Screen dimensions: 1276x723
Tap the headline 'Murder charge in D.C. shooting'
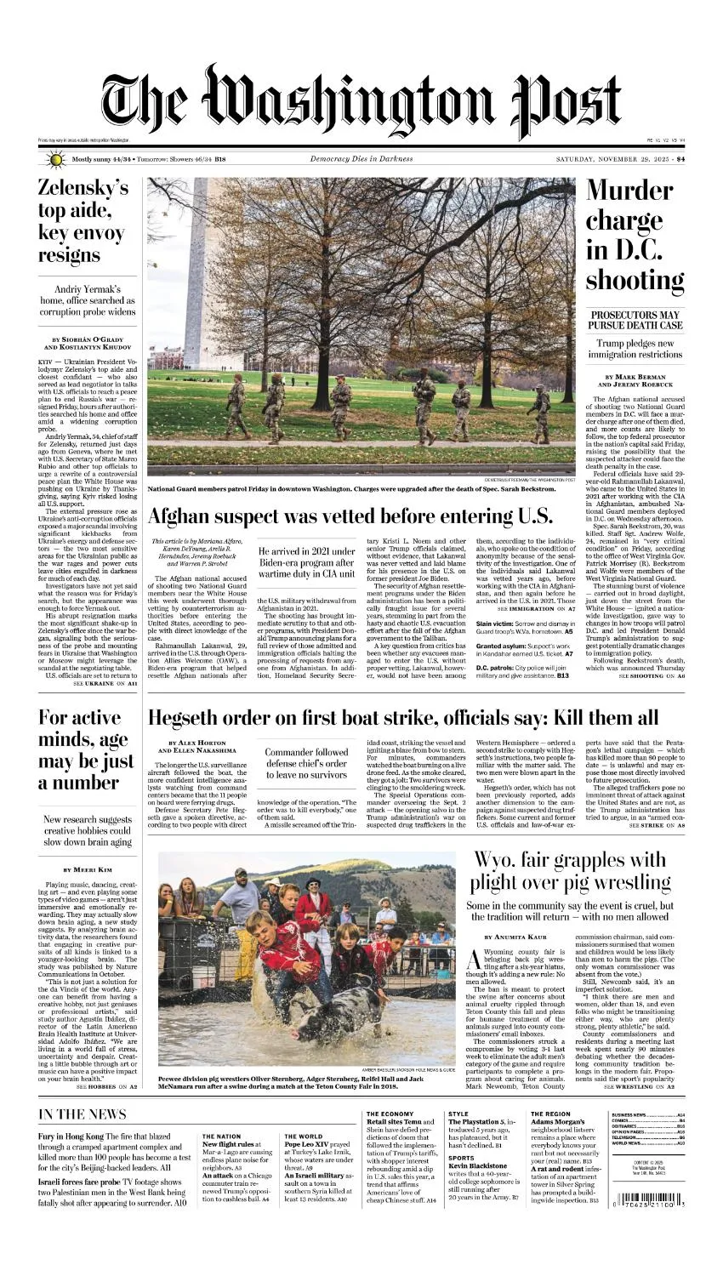pos(635,235)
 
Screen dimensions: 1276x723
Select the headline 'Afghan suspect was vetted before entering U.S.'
pos(350,516)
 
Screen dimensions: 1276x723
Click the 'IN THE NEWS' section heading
pos(83,1114)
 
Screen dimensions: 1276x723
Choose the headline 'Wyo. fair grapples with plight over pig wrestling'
pos(570,869)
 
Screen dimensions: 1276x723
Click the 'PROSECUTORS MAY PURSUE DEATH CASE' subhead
pos(635,321)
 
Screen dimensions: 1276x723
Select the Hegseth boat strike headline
pos(403,717)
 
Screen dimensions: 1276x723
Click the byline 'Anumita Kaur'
pos(523,937)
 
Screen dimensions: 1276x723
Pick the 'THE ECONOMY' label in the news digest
pos(391,1114)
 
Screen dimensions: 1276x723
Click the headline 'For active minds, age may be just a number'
pos(83,749)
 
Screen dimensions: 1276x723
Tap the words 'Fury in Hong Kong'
pos(71,1136)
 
